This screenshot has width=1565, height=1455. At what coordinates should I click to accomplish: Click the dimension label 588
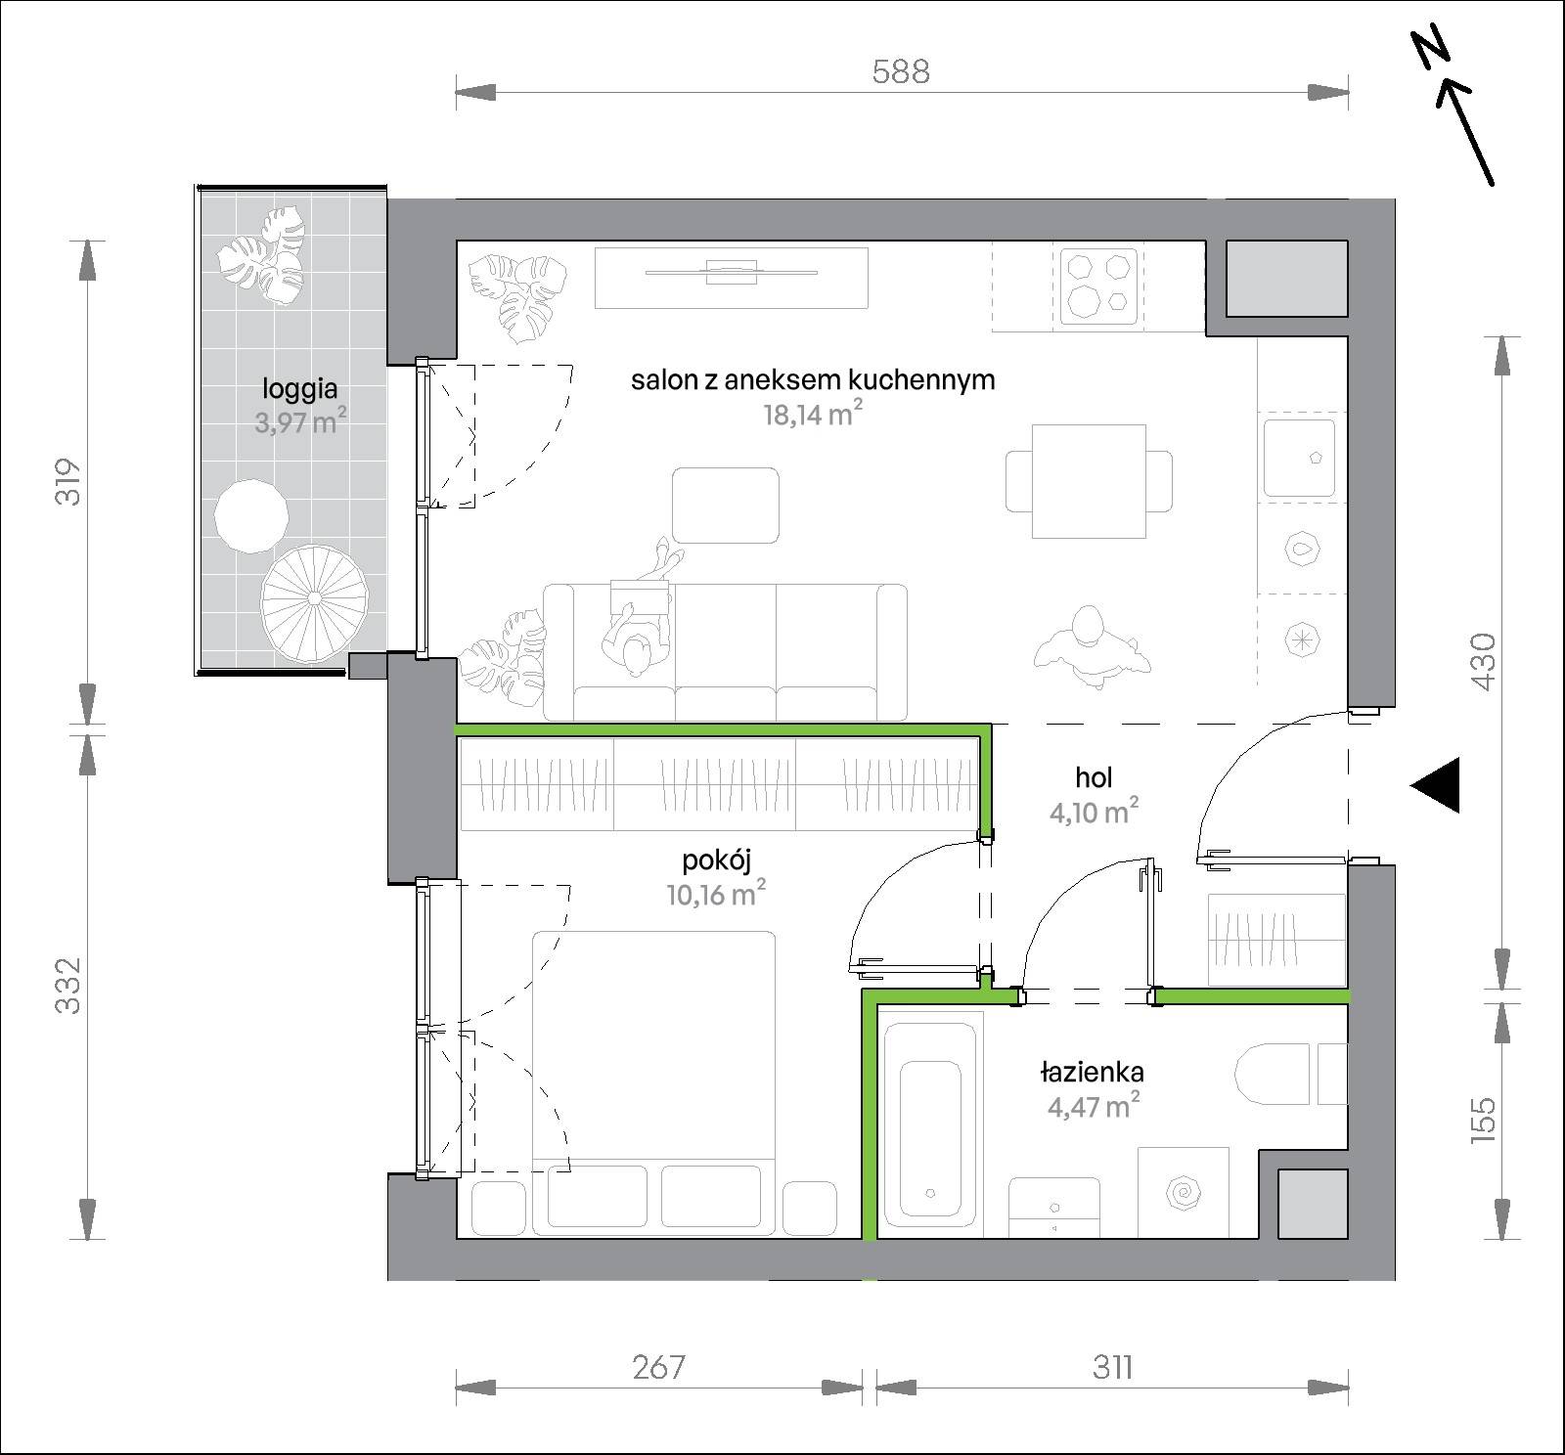[x=901, y=71]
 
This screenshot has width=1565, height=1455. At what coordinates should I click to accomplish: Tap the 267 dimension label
[x=658, y=1366]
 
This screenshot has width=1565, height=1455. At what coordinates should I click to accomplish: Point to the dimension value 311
[x=1112, y=1366]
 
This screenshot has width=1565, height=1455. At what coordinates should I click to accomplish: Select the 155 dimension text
[x=1482, y=1119]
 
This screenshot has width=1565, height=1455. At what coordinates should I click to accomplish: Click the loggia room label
[x=299, y=388]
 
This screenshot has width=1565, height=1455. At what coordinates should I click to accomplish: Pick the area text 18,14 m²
[x=813, y=414]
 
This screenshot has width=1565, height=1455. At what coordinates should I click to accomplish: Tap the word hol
[x=1094, y=777]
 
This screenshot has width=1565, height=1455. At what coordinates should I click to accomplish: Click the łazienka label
[x=1092, y=1072]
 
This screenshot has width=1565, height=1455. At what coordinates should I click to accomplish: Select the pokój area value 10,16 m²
[x=716, y=894]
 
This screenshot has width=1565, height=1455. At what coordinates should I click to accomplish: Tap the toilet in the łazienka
[x=1273, y=1075]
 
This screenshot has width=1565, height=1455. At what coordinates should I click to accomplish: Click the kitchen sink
[x=1299, y=458]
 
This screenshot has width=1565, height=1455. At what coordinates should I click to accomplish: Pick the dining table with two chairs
[x=1090, y=481]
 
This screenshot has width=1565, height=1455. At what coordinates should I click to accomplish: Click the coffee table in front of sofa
[x=726, y=506]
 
